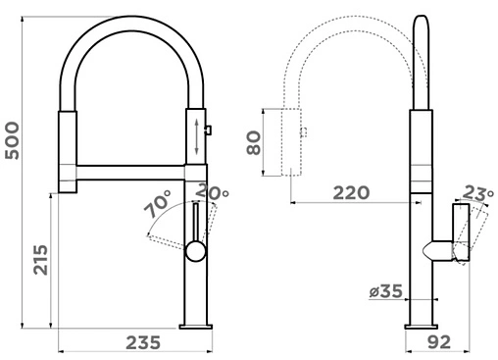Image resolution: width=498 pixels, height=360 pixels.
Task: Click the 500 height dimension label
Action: coord(12,140)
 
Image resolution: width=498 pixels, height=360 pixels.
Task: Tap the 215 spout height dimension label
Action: coord(40,260)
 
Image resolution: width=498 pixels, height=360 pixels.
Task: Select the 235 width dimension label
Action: coord(143,342)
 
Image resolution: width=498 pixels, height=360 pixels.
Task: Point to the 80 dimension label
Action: coord(254,142)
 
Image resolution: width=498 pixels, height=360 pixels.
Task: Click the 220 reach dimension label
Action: coord(351,193)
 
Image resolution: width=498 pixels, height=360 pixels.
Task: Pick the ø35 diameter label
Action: coord(385,291)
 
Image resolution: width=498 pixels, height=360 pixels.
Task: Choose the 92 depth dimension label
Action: coord(439,342)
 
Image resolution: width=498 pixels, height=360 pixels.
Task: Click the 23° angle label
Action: coord(478,193)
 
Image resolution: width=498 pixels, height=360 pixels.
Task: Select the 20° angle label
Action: coord(213,192)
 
